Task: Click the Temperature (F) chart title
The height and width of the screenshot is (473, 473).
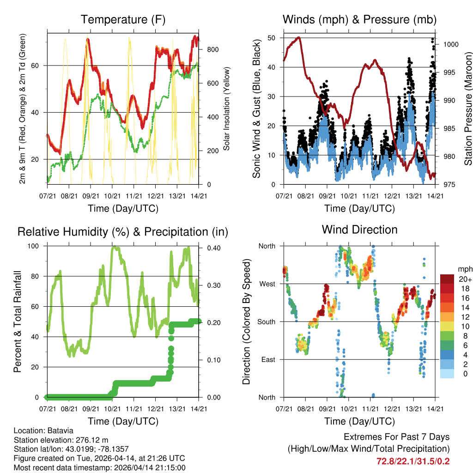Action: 123,19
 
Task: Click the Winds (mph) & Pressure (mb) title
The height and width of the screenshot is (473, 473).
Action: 360,19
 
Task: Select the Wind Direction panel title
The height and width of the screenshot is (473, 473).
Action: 360,230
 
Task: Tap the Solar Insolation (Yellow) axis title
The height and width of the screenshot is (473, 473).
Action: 226,109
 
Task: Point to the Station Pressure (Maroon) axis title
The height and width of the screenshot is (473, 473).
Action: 467,111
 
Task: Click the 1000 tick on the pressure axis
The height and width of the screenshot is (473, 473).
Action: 450,44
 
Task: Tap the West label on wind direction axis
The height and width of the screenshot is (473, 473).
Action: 267,284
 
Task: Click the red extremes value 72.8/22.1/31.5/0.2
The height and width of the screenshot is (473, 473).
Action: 413,461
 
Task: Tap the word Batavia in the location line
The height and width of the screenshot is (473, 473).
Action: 59,431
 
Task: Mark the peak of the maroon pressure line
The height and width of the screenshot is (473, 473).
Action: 299,38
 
